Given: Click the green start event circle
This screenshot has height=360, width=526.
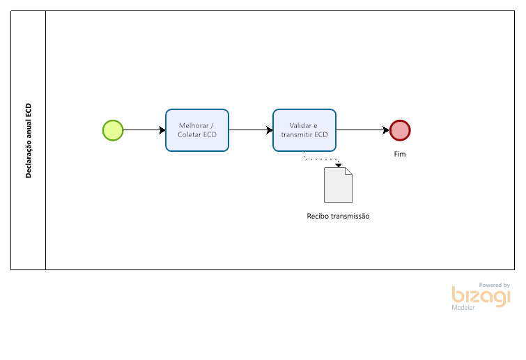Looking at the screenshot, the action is pos(113,130).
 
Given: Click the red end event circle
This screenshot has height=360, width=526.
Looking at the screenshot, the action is pos(400,130).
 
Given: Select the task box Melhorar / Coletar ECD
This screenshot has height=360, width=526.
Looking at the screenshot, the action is pos(197,130).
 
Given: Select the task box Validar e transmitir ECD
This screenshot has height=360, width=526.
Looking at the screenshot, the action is pos(304,130).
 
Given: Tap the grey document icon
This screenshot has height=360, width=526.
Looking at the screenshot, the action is pos(338,185).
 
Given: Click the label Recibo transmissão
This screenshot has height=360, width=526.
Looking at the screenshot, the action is pos(338,216).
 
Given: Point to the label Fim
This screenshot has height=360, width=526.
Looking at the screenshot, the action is pos(400,154).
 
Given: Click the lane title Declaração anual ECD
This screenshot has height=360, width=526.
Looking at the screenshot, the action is pos(28,141).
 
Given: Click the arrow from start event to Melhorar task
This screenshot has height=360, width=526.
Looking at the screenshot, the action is pos(144,130).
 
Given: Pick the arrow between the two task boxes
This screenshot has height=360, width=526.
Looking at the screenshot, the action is pos(251,130).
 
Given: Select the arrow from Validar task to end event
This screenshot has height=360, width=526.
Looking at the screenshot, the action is pos(363,130).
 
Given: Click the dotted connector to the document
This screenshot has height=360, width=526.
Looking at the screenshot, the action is pos(321,159).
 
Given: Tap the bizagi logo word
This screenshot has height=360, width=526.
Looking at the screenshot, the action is pos(481,297).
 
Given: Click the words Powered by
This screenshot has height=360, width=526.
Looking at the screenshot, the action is pos(495,285).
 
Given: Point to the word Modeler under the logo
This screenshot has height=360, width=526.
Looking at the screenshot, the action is pos(463,308).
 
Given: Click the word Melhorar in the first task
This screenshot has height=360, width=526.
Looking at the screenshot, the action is pos(194,126).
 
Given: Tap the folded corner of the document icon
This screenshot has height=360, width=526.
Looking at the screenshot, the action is pos(349,171).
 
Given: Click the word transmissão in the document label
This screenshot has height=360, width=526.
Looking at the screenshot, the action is pos(350,216).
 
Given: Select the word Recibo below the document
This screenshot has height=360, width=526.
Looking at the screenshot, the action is pos(318,216).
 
